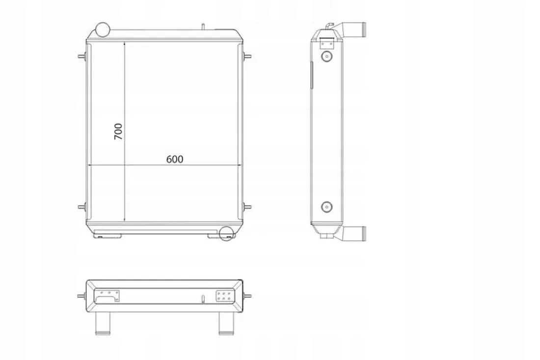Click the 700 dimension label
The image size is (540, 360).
pyautogui.click(x=118, y=131)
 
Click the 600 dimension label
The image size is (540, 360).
pyautogui.click(x=175, y=159)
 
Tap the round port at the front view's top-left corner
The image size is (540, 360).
pyautogui.click(x=102, y=29)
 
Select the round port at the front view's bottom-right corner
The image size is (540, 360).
pyautogui.click(x=226, y=234)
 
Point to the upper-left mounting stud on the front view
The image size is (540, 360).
pyautogui.click(x=82, y=56)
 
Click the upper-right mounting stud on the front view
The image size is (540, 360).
pyautogui.click(x=247, y=56)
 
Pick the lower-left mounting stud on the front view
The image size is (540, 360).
pyautogui.click(x=82, y=207)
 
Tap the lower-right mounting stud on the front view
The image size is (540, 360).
pyautogui.click(x=247, y=207)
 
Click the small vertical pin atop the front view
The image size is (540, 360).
pyautogui.click(x=203, y=27)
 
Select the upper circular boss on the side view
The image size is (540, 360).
pyautogui.click(x=326, y=56)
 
